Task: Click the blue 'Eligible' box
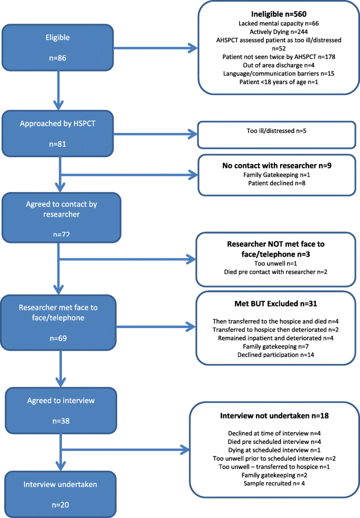tap(58, 47)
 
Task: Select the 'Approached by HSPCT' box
tap(58, 134)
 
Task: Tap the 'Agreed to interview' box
tap(61, 410)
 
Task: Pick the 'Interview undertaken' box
tap(60, 494)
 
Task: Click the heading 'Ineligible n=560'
tap(279, 14)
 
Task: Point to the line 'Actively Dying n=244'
tap(279, 32)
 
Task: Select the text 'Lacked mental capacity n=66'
tap(279, 24)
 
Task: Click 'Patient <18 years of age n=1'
tap(279, 82)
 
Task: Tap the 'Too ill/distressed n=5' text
tap(276, 131)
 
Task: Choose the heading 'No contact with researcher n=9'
tap(277, 166)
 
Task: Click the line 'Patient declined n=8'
tap(277, 183)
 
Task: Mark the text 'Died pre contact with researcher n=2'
tap(276, 272)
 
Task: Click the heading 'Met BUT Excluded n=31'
tap(276, 303)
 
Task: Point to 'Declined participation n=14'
tap(276, 355)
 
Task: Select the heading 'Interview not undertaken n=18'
tap(274, 415)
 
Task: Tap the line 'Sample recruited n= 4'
tap(274, 483)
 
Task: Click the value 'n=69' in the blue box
tap(58, 338)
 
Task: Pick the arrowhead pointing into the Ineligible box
tap(193, 48)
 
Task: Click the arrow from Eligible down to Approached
tap(58, 90)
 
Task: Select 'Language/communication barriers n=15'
tap(279, 73)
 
